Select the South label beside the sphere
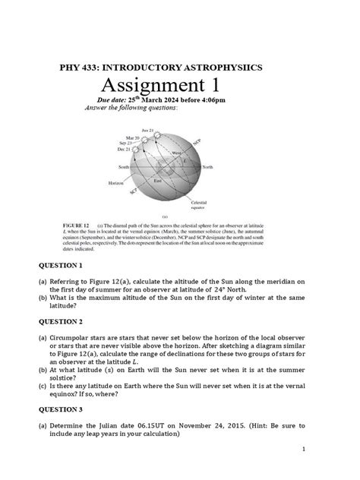tap(124, 166)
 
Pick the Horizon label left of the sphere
tap(115, 183)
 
